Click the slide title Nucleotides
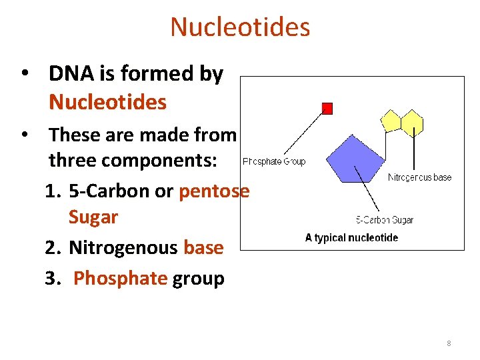240,27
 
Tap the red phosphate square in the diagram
327,108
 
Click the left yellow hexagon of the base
390,121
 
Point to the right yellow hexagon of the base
412,122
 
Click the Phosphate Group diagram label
274,161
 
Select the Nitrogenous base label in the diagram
419,177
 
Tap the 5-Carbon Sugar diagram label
385,220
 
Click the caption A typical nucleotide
351,237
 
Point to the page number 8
449,343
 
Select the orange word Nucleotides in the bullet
107,102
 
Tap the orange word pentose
214,191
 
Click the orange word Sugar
93,217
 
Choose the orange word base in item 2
203,247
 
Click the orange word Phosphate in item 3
120,278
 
